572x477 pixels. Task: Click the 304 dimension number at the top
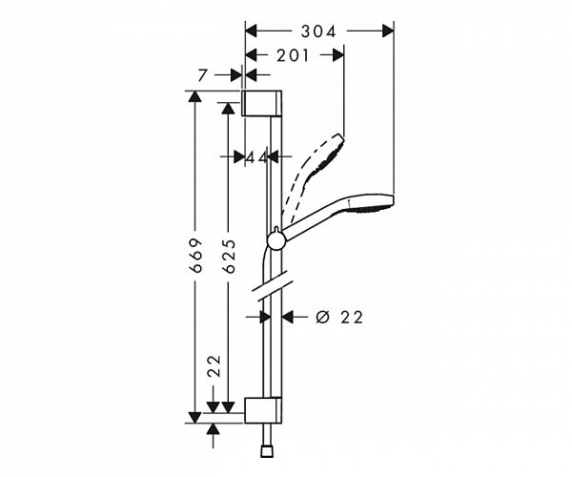[318, 31]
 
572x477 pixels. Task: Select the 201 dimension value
[293, 56]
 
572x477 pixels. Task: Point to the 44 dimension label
[255, 156]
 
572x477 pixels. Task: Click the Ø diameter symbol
[322, 316]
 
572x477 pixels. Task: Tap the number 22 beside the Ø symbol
[352, 316]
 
